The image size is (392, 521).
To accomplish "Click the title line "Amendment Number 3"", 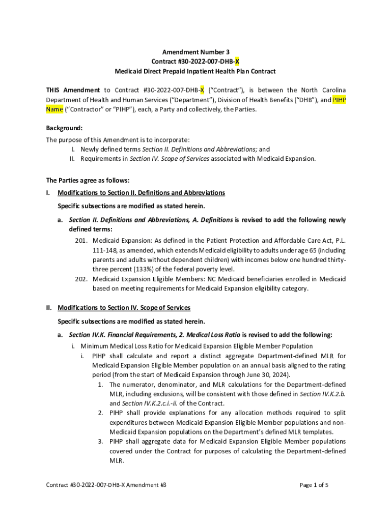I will [x=196, y=52].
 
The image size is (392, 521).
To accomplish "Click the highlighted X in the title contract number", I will [x=237, y=62].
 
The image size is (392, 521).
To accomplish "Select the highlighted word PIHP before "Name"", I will [x=339, y=100].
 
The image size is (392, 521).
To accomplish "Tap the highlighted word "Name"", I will [x=54, y=109].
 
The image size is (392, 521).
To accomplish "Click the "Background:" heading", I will [x=64, y=128].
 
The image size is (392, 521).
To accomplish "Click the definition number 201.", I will [x=81, y=240].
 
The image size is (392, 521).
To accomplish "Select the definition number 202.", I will [x=81, y=279].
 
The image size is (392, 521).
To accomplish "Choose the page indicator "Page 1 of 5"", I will [x=314, y=485].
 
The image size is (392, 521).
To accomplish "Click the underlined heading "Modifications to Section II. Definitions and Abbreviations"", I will [x=141, y=193].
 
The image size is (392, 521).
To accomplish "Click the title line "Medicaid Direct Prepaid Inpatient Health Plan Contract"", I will [x=196, y=71].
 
